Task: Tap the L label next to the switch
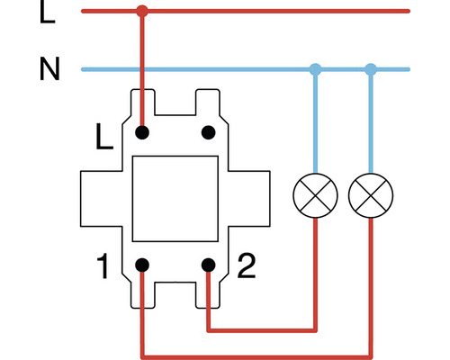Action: pyautogui.click(x=105, y=138)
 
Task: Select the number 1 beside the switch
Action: pyautogui.click(x=104, y=266)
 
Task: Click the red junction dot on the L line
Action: pyautogui.click(x=141, y=12)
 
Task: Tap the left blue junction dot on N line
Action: pyautogui.click(x=315, y=69)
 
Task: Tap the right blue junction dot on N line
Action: pyautogui.click(x=371, y=69)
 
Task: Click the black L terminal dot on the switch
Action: pyautogui.click(x=141, y=133)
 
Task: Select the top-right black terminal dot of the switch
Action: pyautogui.click(x=208, y=133)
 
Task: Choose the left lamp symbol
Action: pyautogui.click(x=315, y=195)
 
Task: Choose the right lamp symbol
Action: pyautogui.click(x=371, y=195)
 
